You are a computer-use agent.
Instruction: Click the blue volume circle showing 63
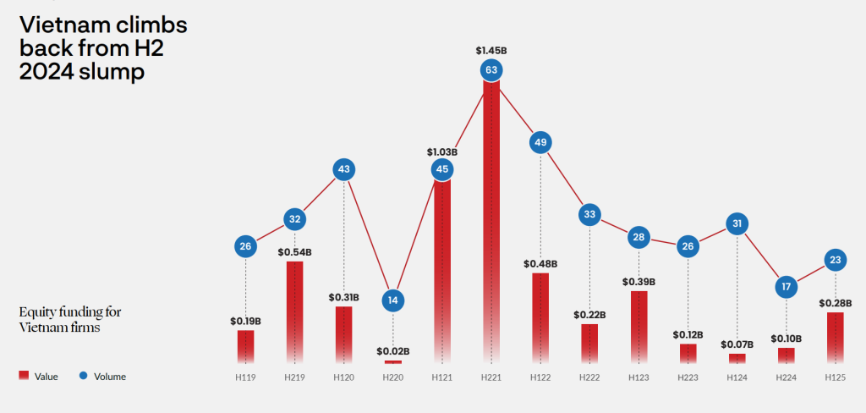point(491,69)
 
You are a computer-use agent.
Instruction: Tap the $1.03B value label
point(441,152)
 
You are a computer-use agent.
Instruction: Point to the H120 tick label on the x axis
point(343,377)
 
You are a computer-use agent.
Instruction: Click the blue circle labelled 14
point(392,299)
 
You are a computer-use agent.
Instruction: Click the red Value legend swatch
point(24,376)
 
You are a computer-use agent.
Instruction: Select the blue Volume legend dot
point(83,376)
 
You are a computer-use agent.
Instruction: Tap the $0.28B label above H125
point(836,302)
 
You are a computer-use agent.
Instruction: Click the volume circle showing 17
point(787,287)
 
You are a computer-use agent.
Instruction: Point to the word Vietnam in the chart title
point(61,25)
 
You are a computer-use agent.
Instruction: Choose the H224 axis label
point(787,377)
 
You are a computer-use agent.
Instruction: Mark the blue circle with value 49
point(540,142)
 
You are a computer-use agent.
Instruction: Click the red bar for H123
point(639,328)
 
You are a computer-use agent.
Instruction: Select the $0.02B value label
point(392,350)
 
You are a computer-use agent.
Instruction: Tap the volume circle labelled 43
point(343,169)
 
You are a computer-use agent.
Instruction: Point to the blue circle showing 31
point(737,224)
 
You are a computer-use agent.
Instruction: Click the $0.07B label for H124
point(737,344)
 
